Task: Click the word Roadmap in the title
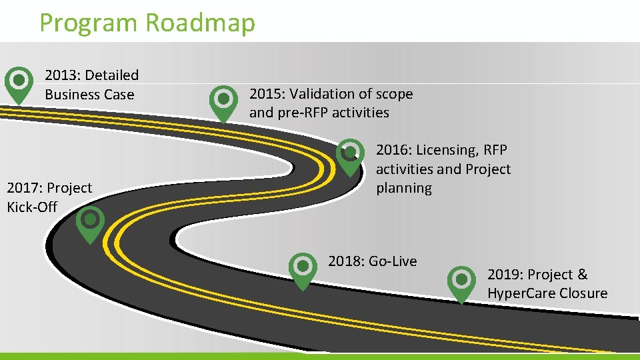tap(199, 22)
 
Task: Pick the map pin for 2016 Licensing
tap(349, 155)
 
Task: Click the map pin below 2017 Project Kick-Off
tap(90, 222)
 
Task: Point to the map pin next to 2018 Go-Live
tap(303, 269)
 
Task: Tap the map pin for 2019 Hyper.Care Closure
tap(461, 282)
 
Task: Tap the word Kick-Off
tap(32, 207)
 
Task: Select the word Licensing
tap(446, 151)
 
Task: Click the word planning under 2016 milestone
tap(404, 189)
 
